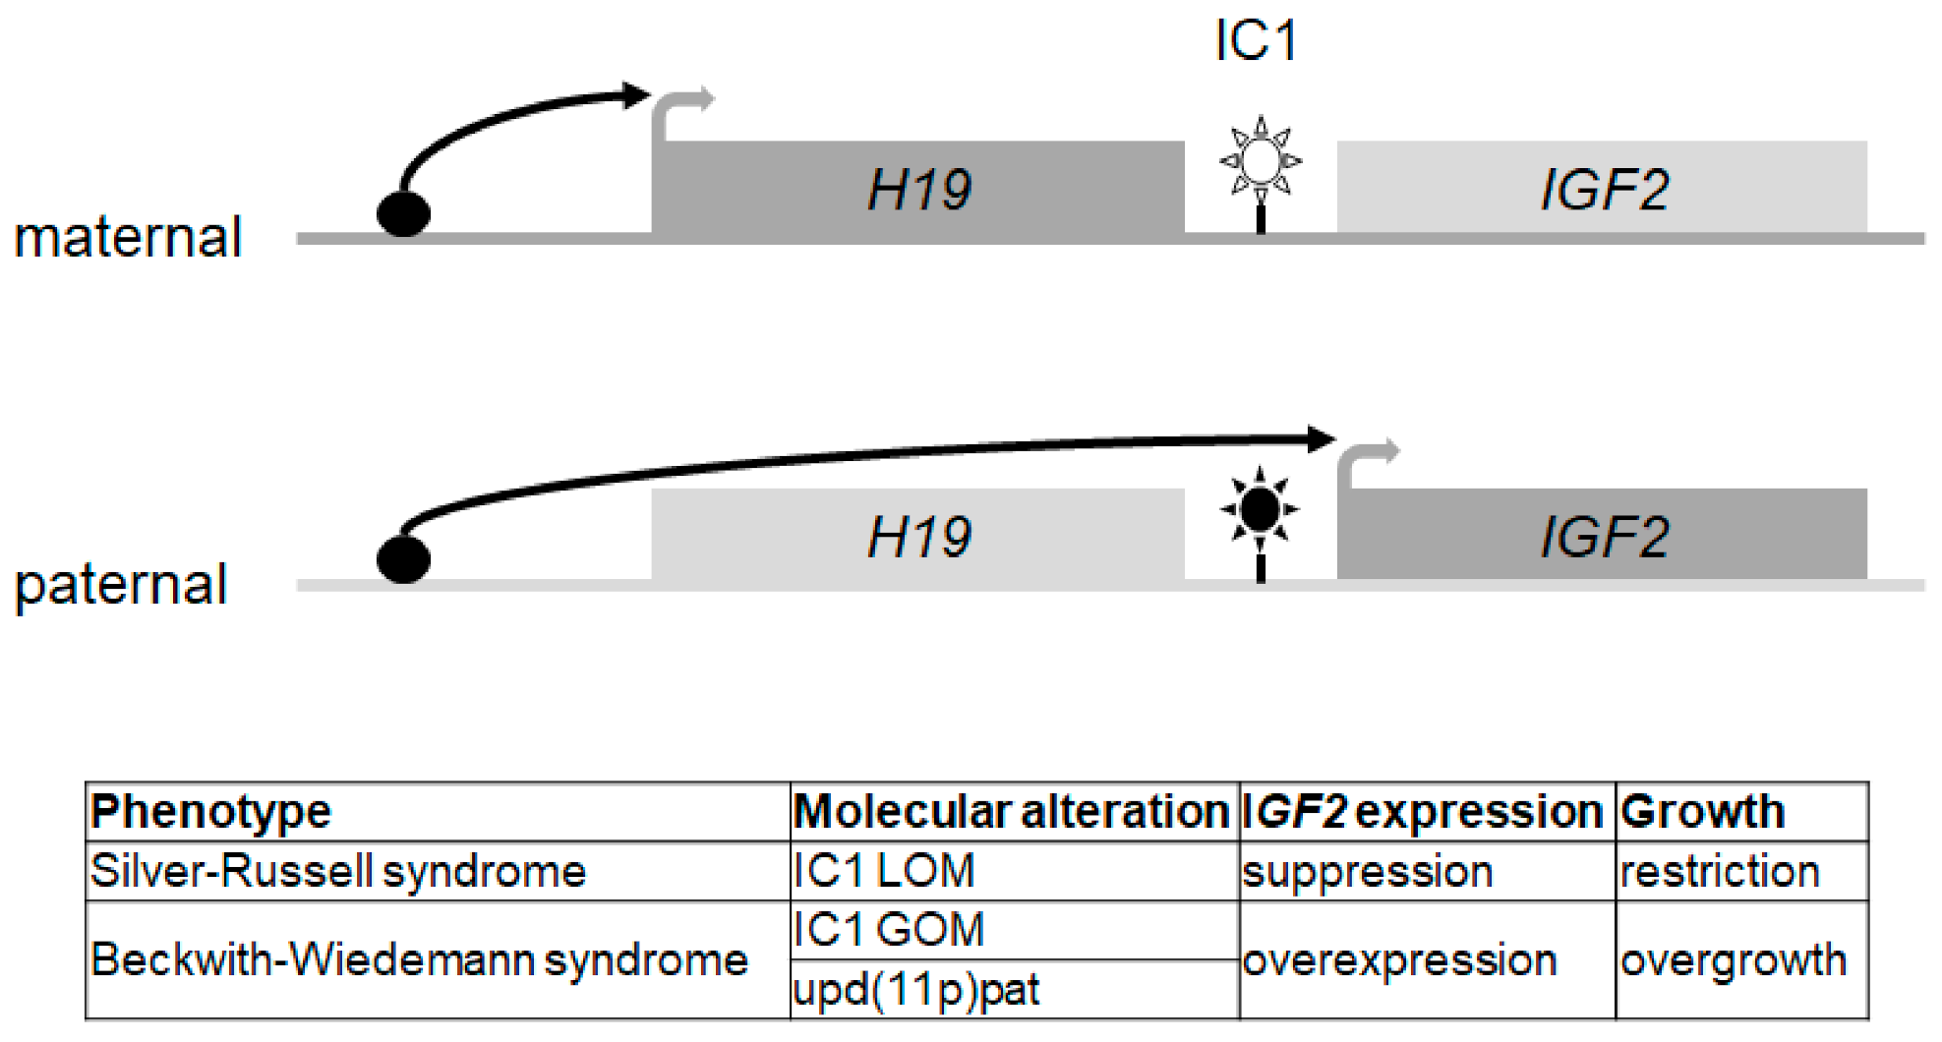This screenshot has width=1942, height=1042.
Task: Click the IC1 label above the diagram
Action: coord(1256,41)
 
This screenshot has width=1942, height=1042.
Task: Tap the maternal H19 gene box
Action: coord(917,189)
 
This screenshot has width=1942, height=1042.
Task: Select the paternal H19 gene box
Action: coord(917,536)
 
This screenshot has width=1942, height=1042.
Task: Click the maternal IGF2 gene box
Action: coord(1602,189)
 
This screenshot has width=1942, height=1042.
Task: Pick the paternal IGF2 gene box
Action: coord(1602,536)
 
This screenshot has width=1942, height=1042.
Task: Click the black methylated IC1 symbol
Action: coord(1261,509)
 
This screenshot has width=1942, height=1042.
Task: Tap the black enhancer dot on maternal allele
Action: coord(404,213)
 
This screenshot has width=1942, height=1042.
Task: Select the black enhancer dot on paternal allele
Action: coord(404,559)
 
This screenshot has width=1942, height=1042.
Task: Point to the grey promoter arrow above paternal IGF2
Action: coord(1365,460)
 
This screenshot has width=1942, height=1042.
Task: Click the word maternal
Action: coord(128,238)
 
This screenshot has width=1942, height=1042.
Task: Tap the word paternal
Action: coord(121,585)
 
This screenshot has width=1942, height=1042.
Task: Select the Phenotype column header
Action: coord(211,812)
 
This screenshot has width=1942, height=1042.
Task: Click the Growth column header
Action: coord(1702,812)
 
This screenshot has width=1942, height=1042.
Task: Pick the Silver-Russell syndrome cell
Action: coord(338,871)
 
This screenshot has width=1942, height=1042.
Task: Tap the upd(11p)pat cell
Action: coord(915,990)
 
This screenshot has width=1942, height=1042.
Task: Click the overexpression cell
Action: coord(1399,960)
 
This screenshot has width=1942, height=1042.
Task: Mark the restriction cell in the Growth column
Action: coord(1720,871)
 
